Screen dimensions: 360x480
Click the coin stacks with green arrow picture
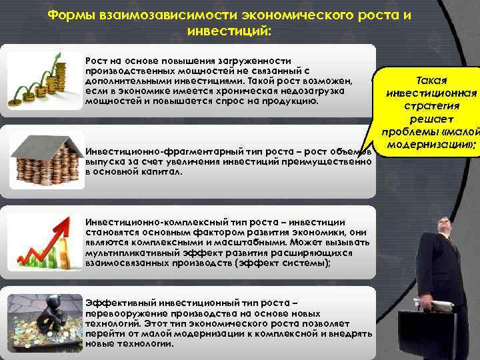tap(43, 78)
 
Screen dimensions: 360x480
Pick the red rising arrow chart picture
tap(43, 241)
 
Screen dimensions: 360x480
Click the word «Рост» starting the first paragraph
tap(95, 61)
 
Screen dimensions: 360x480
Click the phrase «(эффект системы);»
tap(288, 263)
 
